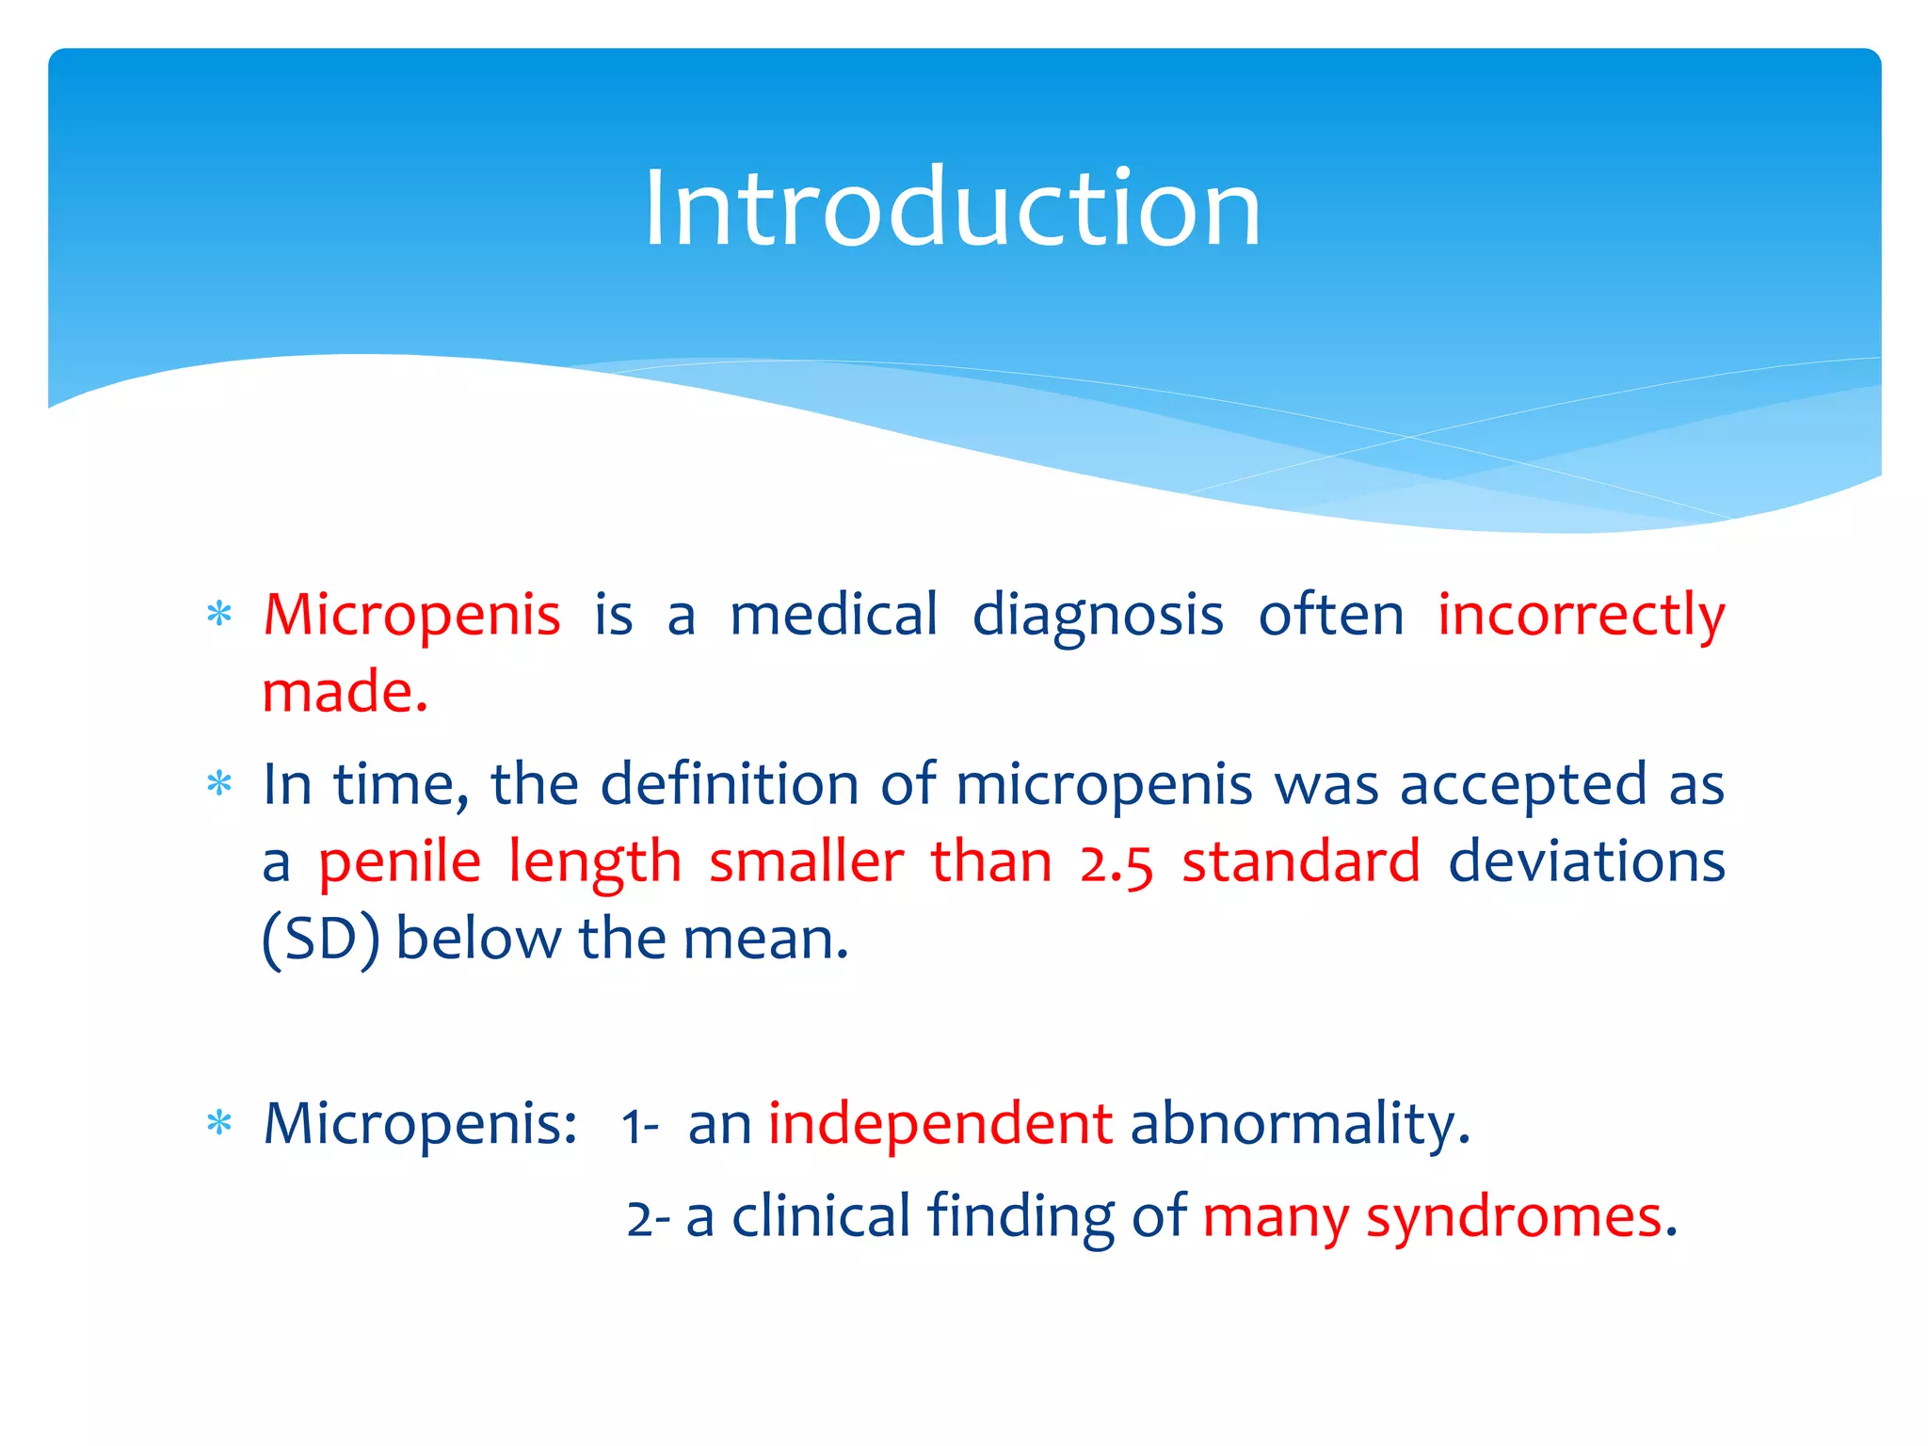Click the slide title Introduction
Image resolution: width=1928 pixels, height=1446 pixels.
click(x=952, y=208)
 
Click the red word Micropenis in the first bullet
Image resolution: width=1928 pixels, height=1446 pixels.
click(x=411, y=616)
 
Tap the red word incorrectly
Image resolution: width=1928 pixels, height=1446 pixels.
click(x=1581, y=616)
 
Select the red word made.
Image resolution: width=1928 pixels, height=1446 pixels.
click(x=345, y=693)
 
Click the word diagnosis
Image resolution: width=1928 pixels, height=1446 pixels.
click(x=1098, y=616)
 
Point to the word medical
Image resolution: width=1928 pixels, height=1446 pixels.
click(x=834, y=616)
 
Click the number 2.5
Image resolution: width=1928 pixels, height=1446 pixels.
click(x=1116, y=862)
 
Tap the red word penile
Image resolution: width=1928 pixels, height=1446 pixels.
click(x=399, y=862)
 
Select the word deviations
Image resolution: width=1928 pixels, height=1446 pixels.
click(x=1586, y=862)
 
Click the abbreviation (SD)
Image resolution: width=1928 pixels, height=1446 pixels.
click(x=320, y=940)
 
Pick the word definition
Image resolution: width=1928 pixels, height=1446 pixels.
click(x=730, y=785)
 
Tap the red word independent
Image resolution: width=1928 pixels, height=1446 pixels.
click(x=940, y=1124)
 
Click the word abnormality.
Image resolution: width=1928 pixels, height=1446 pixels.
click(x=1299, y=1124)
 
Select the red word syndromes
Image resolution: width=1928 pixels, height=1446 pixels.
click(x=1513, y=1216)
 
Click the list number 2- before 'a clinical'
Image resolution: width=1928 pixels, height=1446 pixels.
click(x=649, y=1219)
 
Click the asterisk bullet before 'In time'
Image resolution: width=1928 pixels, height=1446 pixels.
click(x=219, y=784)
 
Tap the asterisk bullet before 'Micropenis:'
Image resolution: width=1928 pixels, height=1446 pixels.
click(x=219, y=1123)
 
